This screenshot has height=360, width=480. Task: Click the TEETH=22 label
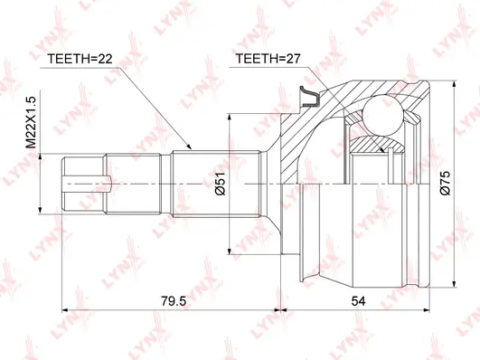pos(79,60)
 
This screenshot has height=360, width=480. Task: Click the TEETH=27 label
pos(268,60)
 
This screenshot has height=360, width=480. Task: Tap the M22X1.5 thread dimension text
pos(30,124)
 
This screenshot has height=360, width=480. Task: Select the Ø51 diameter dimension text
pos(220,185)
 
